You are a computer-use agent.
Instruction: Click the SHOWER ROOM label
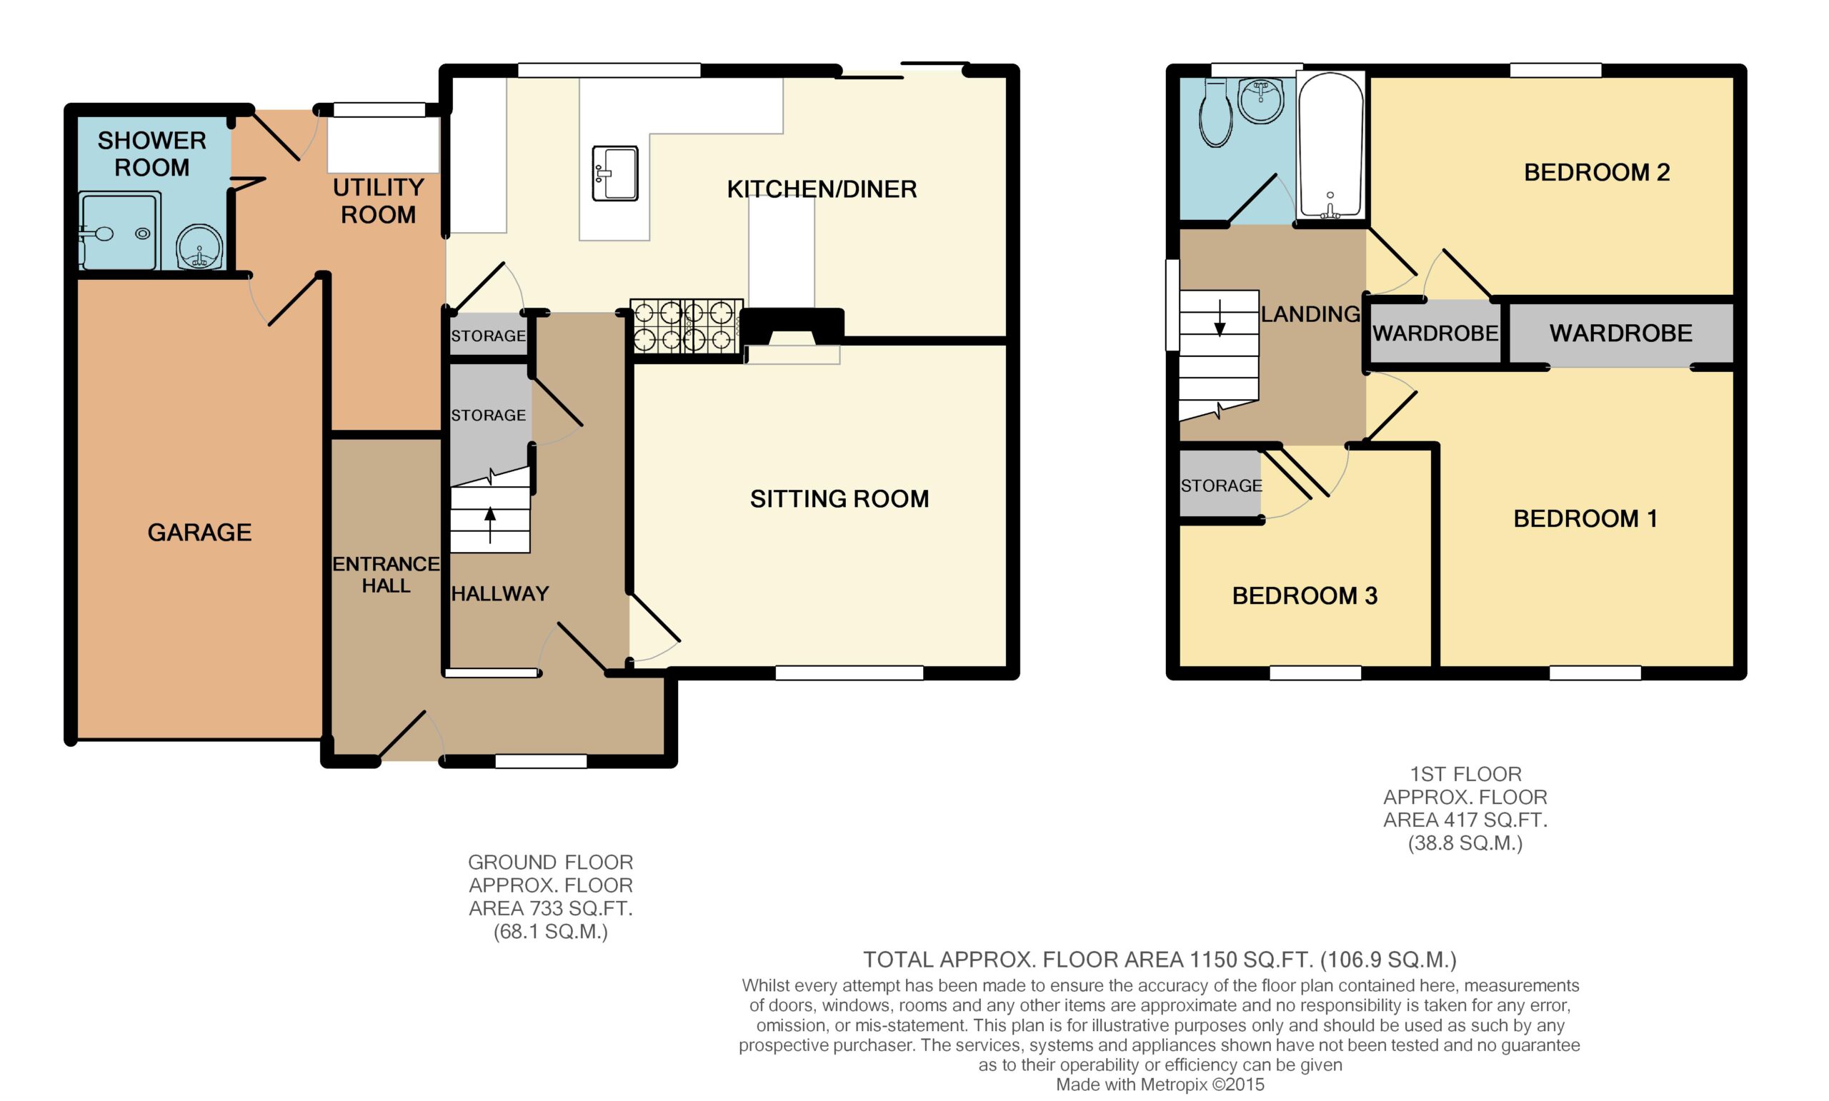(x=152, y=154)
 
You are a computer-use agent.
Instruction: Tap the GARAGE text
(x=199, y=532)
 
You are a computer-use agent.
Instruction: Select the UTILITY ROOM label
(x=379, y=201)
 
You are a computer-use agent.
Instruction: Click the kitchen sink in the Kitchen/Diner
(x=614, y=174)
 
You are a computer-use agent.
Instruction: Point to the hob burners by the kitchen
(x=687, y=325)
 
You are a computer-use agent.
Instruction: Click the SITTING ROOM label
(x=839, y=498)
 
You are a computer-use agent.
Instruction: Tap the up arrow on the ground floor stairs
(x=490, y=526)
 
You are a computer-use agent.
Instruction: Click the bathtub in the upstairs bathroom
(x=1330, y=146)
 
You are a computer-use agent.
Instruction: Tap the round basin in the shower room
(x=199, y=247)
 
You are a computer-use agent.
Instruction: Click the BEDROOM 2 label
(x=1597, y=172)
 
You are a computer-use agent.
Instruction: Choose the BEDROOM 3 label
(x=1305, y=595)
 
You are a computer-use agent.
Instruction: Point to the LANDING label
(x=1311, y=314)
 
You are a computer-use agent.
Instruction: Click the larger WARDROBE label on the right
(x=1621, y=333)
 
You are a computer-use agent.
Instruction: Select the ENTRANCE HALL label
(x=386, y=575)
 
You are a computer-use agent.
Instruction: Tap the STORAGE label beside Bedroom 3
(x=1221, y=486)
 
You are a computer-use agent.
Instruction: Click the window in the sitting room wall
(x=849, y=673)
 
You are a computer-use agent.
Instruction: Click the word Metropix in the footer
(x=1175, y=1085)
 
